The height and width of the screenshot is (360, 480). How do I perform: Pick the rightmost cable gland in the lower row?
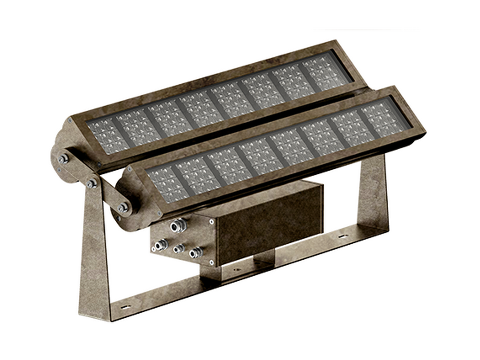194,254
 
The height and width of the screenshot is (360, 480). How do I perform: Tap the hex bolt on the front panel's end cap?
123,208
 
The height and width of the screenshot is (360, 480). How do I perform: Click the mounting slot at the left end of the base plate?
125,307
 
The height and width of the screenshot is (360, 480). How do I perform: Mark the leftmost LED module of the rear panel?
102,134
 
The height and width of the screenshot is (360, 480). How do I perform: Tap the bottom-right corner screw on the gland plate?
211,262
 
